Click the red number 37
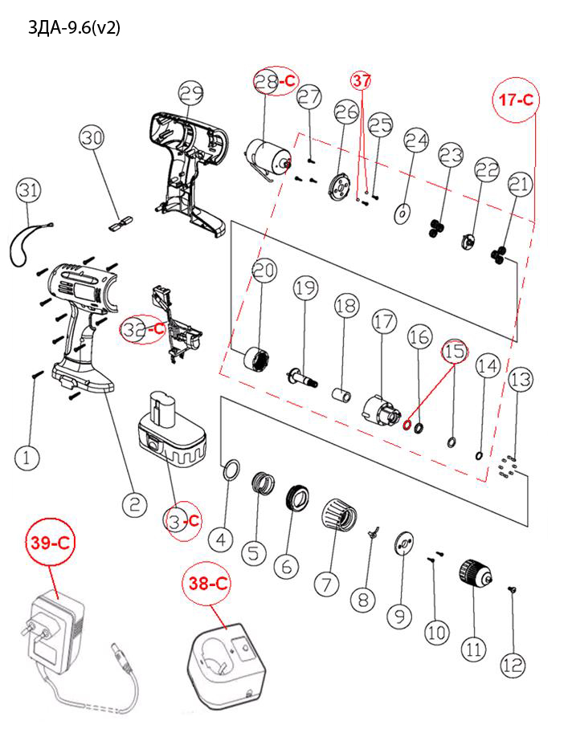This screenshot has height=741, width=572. pyautogui.click(x=362, y=80)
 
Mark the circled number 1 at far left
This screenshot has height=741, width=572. pyautogui.click(x=27, y=458)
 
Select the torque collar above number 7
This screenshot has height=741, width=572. pyautogui.click(x=338, y=514)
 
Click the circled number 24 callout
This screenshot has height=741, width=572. pyautogui.click(x=416, y=141)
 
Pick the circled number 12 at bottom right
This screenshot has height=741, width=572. pyautogui.click(x=513, y=665)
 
